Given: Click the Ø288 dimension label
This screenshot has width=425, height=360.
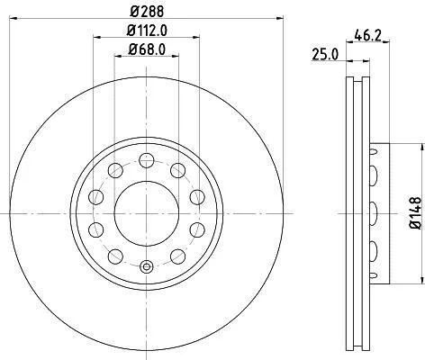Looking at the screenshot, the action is (147, 12).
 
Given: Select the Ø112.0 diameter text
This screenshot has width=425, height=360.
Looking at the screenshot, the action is (147, 31).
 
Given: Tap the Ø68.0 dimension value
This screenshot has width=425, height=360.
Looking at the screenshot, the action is (147, 49).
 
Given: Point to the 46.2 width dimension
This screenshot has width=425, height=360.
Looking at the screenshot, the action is (367, 35).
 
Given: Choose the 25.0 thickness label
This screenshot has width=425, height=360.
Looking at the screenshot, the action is (325, 55).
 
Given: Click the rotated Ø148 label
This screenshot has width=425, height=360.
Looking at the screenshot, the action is (416, 213).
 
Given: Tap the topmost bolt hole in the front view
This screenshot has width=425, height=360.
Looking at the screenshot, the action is (147, 160).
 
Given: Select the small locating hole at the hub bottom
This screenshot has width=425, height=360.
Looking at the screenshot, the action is (146, 266).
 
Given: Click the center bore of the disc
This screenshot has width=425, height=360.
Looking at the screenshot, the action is (147, 213).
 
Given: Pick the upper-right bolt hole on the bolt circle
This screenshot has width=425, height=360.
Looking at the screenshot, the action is (177, 170).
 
